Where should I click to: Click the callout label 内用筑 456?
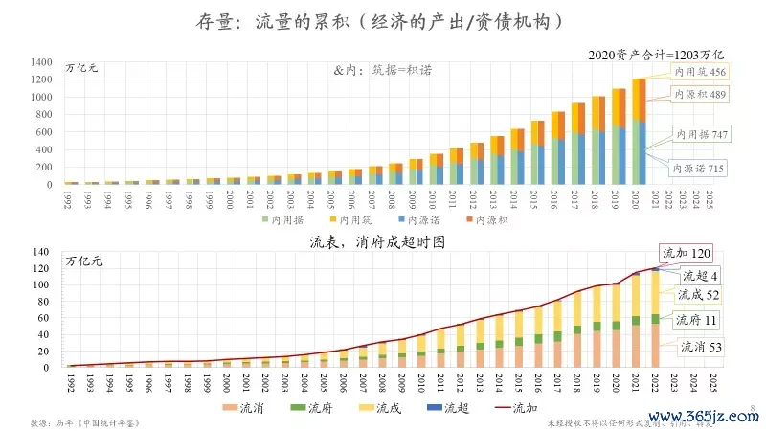(x=701, y=72)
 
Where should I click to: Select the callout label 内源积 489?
(x=701, y=95)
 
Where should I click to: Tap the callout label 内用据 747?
(x=702, y=135)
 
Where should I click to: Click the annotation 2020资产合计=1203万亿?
(x=658, y=56)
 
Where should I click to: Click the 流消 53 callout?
(x=702, y=346)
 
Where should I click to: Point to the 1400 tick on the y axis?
(x=40, y=62)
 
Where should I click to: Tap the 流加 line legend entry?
(x=515, y=409)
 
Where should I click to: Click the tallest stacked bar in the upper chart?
(x=639, y=131)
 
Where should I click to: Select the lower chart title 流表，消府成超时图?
(x=382, y=242)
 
